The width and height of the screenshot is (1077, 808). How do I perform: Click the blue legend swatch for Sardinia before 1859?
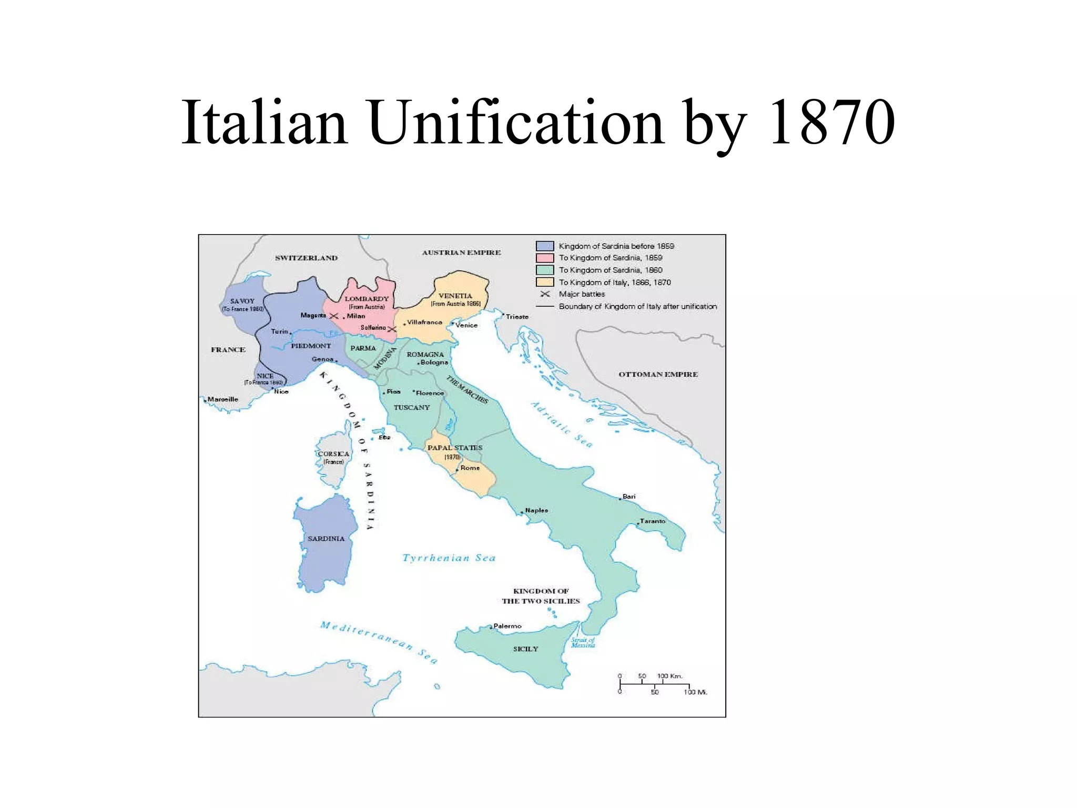(x=544, y=246)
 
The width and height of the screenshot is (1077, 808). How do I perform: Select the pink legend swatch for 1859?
(x=544, y=258)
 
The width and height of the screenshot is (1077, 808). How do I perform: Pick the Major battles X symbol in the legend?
(x=545, y=294)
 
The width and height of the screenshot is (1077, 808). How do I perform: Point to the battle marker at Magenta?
(x=333, y=316)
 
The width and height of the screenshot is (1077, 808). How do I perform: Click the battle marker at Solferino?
(x=391, y=329)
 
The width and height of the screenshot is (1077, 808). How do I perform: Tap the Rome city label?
(x=470, y=468)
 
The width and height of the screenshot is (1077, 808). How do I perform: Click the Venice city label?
(x=466, y=325)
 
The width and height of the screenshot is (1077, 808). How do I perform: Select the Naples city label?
(x=536, y=510)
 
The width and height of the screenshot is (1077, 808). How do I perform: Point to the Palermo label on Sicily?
(x=507, y=626)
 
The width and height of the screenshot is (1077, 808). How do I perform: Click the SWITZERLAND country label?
(x=306, y=258)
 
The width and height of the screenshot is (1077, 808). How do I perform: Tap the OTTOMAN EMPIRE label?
(x=658, y=374)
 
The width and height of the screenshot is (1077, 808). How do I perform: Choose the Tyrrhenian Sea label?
(x=449, y=558)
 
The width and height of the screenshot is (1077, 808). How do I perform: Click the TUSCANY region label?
(x=412, y=407)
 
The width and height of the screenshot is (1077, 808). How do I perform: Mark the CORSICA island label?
(x=333, y=454)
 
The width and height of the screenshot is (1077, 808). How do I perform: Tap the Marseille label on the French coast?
(x=222, y=399)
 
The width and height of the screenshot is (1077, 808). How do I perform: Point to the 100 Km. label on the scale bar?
(x=669, y=676)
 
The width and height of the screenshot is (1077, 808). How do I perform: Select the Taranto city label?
(x=652, y=521)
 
